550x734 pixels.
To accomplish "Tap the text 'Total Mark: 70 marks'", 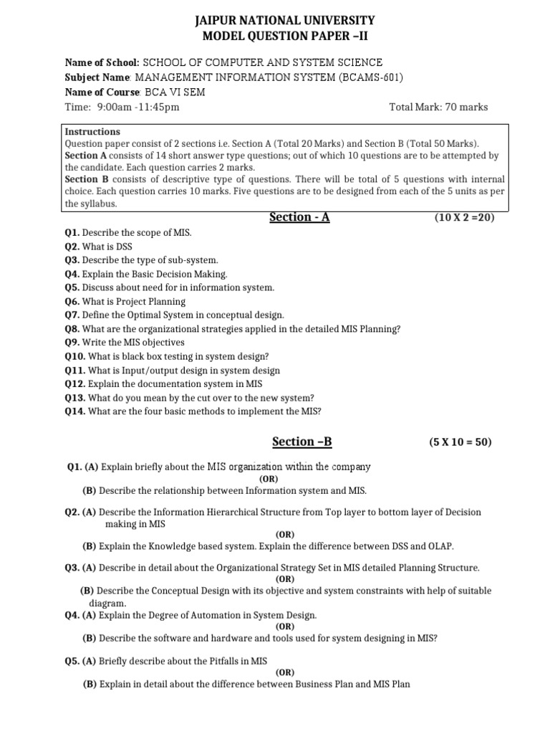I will tap(438, 107).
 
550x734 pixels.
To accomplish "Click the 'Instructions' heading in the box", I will tap(92, 132).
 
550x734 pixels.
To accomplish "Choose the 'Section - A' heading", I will tap(299, 216).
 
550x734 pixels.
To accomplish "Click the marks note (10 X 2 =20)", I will tap(464, 218).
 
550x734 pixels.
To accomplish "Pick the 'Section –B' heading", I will tap(302, 442).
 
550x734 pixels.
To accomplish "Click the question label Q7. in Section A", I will tap(72, 315).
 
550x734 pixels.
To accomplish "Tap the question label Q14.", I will tap(75, 411).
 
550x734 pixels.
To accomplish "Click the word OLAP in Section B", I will tap(439, 545).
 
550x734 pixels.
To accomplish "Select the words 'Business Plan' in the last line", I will tap(325, 684).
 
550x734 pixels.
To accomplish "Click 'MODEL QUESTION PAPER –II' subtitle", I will tap(276, 37).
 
